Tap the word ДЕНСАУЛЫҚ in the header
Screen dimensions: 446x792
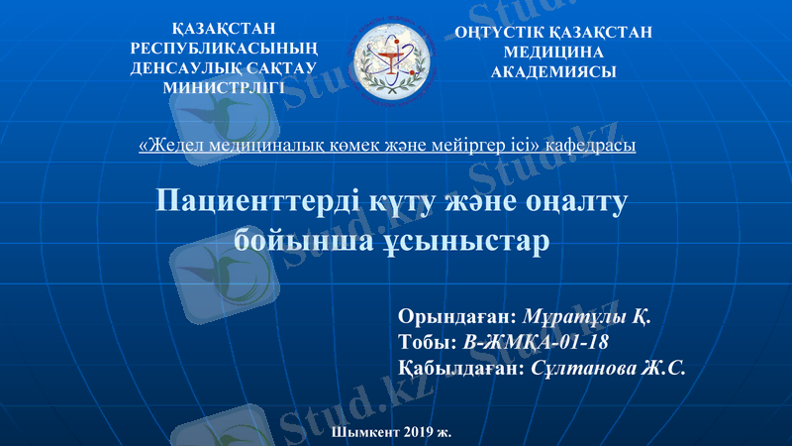184,68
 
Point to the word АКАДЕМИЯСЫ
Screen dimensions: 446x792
553,71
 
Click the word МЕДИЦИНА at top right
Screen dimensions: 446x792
553,52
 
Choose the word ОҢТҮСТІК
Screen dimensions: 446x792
507,33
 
